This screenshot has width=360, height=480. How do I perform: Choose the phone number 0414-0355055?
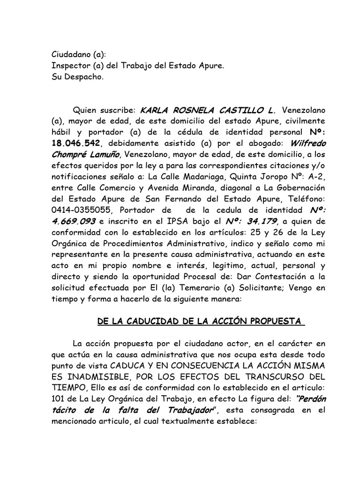click(x=80, y=210)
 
